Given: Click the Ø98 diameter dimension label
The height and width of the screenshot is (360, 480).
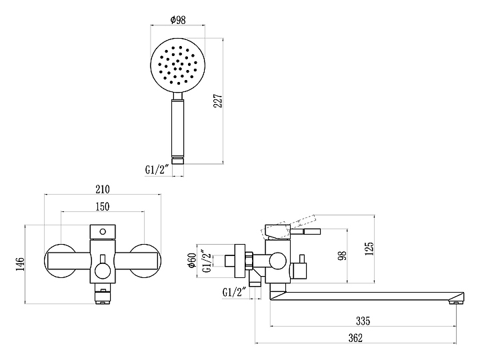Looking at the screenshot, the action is pyautogui.click(x=178, y=20).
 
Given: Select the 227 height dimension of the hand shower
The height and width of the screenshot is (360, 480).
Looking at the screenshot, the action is pyautogui.click(x=217, y=101).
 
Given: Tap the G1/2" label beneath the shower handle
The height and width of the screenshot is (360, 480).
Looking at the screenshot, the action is pyautogui.click(x=157, y=169).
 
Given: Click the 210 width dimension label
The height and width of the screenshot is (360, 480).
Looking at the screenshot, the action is pyautogui.click(x=103, y=189).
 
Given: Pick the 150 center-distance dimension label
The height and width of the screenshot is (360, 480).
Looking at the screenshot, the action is pyautogui.click(x=103, y=207).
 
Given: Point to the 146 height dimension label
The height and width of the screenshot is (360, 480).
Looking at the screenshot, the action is pyautogui.click(x=20, y=264).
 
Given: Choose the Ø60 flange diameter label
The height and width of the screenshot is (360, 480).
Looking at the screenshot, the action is pyautogui.click(x=192, y=260).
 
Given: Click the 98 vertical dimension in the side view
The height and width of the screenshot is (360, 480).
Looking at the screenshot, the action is pyautogui.click(x=342, y=255).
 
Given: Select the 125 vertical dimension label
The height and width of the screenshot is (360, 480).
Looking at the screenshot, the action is pyautogui.click(x=369, y=249).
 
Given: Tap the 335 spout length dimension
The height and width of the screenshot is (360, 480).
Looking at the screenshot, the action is pyautogui.click(x=363, y=321).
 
